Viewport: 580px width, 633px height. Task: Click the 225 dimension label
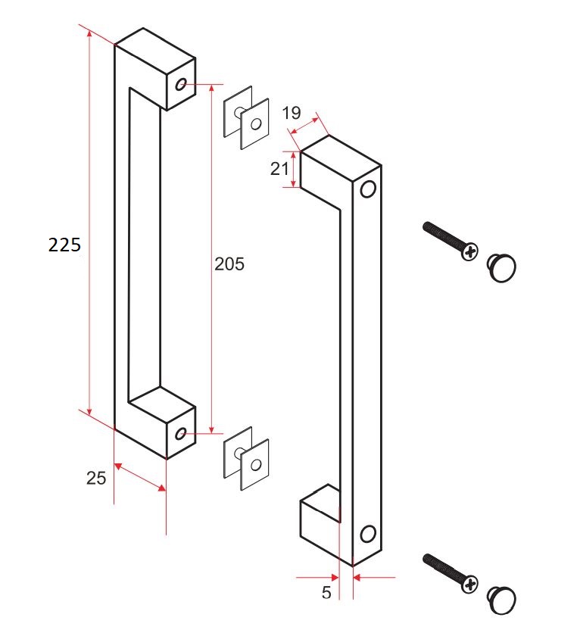[x=64, y=245]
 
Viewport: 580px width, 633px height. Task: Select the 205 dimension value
[x=230, y=264]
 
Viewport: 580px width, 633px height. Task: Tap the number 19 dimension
[x=292, y=114]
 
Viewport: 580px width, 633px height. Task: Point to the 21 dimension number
[x=280, y=170]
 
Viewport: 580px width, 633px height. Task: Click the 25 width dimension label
[x=96, y=477]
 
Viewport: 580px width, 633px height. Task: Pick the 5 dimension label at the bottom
[x=326, y=593]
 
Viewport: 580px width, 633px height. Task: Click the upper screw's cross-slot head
[x=470, y=251]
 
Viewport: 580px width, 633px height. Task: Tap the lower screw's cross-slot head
[x=470, y=583]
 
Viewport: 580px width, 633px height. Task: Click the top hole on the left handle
[x=181, y=84]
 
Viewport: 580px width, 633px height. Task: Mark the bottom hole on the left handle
[x=180, y=433]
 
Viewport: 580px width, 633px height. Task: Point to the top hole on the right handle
[x=369, y=188]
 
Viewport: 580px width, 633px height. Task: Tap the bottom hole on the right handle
[x=368, y=534]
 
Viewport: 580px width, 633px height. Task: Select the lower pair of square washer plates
[x=246, y=459]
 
